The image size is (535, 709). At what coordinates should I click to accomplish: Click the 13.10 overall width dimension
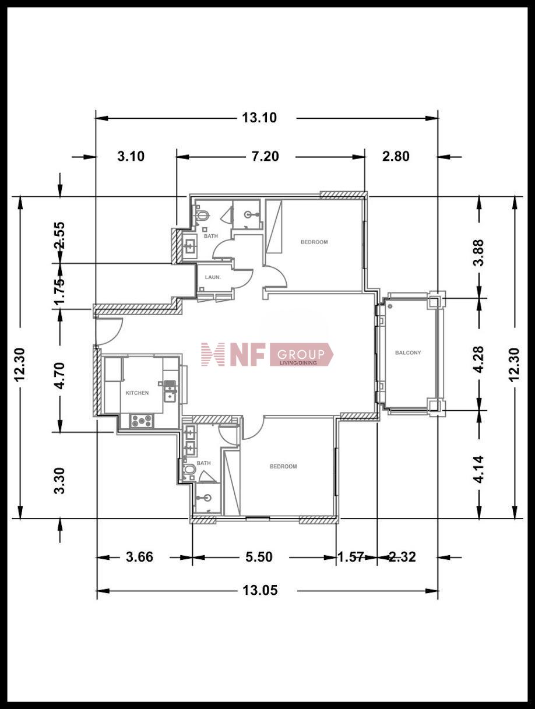coord(259,118)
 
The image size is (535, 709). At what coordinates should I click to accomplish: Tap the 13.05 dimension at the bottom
coord(260,590)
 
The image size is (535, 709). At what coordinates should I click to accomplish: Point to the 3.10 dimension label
coord(131,156)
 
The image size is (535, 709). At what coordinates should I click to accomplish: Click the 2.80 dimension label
coord(396,156)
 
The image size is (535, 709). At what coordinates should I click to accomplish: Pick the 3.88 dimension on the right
coord(478,252)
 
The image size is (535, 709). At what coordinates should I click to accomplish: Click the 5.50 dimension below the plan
coord(259,557)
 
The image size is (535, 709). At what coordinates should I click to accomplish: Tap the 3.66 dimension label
coord(140,557)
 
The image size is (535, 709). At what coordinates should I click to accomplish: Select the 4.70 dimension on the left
coord(59,377)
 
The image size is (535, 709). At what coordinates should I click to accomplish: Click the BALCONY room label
coord(408,353)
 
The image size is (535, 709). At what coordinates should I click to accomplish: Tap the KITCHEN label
coord(137,393)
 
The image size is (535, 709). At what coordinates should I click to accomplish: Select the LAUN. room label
coord(213,277)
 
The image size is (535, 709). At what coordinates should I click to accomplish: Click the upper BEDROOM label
coord(314,242)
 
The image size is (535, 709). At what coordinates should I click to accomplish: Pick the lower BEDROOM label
coord(283,467)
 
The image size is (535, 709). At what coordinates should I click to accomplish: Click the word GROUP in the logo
coord(301,354)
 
